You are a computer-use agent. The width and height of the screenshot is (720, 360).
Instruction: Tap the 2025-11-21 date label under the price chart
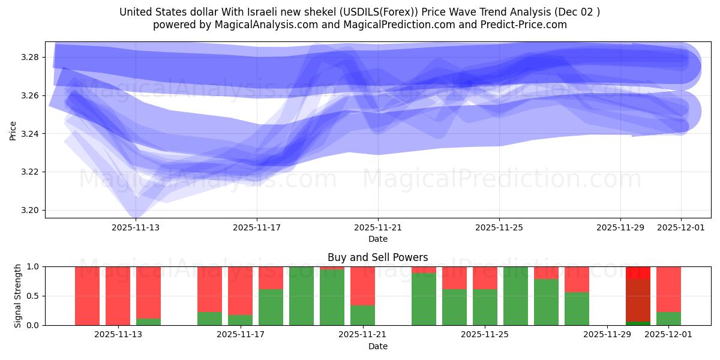pos(378,227)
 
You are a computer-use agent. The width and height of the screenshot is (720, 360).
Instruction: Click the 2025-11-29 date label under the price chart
pos(620,227)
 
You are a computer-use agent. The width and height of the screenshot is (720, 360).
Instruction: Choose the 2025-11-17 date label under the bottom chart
pos(240,334)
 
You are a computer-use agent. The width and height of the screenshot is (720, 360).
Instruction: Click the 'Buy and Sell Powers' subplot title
pos(378,257)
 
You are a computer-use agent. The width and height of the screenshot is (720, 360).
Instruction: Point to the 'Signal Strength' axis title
pos(18,296)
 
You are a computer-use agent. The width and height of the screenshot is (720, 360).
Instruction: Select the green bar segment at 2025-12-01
pos(668,319)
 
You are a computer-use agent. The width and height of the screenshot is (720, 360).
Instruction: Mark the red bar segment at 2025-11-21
pos(362,286)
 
